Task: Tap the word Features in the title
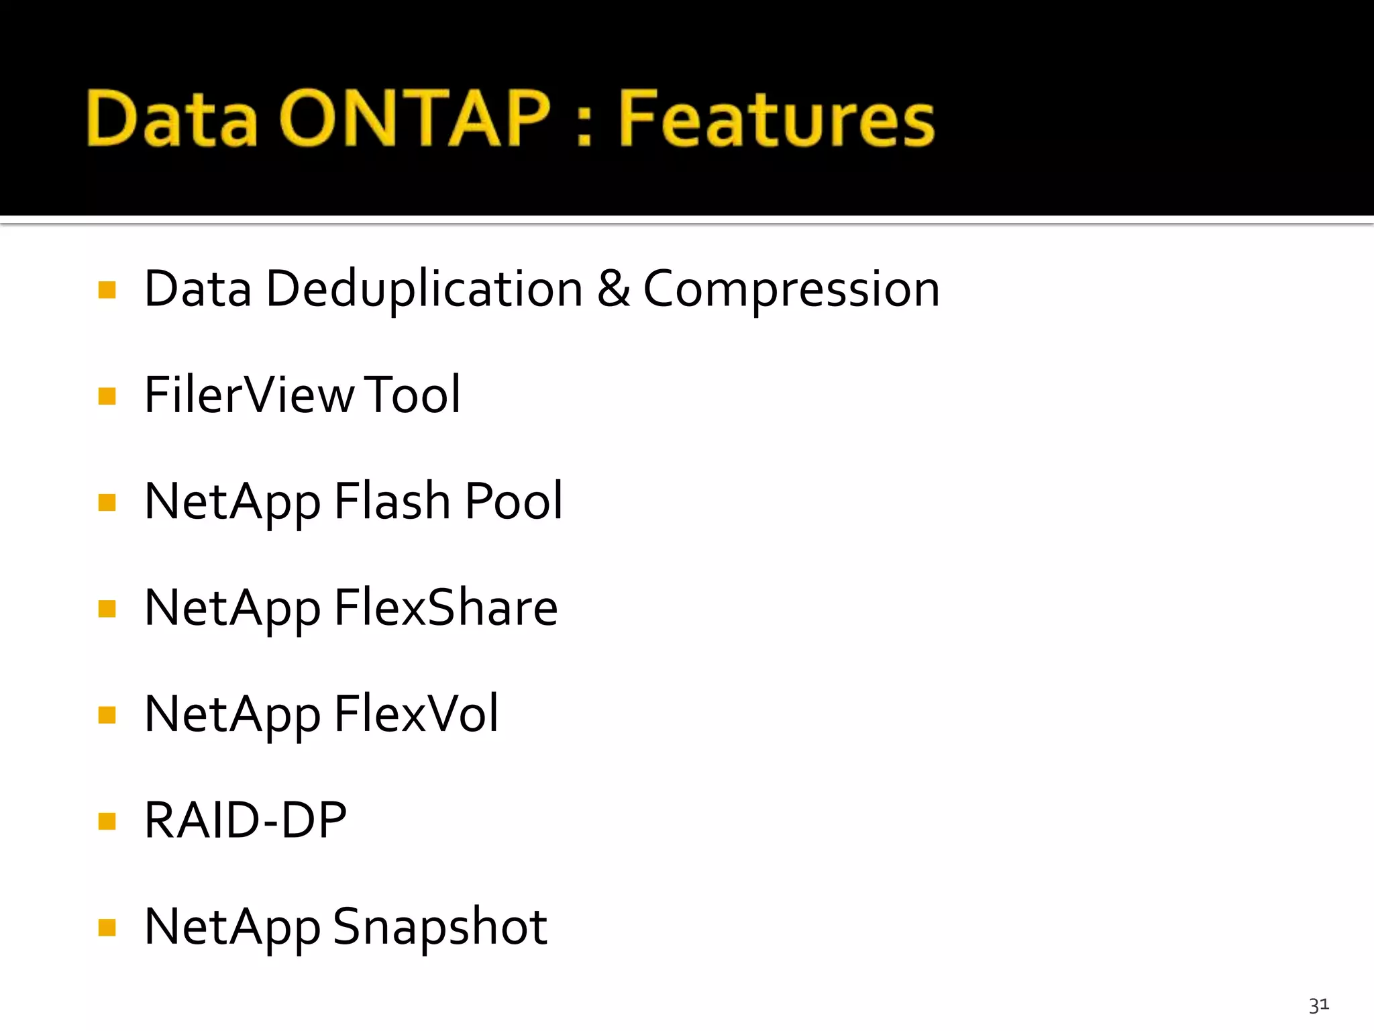click(776, 119)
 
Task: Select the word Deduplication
click(424, 289)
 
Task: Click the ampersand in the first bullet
click(613, 289)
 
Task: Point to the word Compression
click(791, 289)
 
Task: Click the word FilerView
click(249, 395)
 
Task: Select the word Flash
click(392, 501)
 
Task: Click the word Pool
click(513, 501)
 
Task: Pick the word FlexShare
click(445, 607)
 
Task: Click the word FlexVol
click(416, 714)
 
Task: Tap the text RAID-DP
click(246, 820)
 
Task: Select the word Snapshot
click(440, 926)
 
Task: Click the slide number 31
click(1318, 1005)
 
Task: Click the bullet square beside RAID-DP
click(107, 821)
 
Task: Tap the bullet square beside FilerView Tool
click(107, 396)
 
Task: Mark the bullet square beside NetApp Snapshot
click(107, 928)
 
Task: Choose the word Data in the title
click(172, 119)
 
